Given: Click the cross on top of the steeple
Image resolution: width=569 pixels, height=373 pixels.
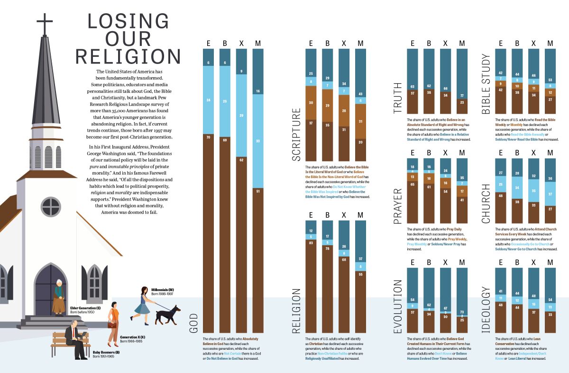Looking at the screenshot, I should coord(45,23).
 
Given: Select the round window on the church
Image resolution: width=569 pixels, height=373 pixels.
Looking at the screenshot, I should coord(51,207).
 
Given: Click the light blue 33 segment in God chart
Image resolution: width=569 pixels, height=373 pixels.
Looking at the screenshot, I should coord(258,141).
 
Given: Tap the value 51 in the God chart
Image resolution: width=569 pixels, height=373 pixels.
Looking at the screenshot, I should coord(258,191).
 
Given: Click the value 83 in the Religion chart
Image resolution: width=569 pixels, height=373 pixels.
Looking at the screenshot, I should coord(311,243).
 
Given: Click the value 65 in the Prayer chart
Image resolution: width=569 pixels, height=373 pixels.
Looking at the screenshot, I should coord(413,184).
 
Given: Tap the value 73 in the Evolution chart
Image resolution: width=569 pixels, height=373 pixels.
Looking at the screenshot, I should coord(462,312).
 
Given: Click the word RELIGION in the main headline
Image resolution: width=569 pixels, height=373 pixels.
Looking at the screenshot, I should coord(128,56).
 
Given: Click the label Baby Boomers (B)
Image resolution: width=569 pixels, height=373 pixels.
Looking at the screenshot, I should coord(106,352).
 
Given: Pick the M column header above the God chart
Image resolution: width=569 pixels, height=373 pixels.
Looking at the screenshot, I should coord(258,44).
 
